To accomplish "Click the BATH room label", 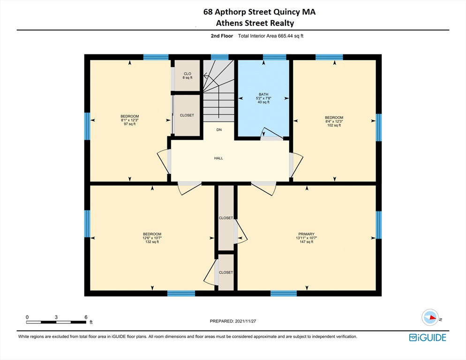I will [x=263, y=94].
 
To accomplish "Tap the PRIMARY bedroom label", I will [x=306, y=234].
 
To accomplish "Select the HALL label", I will [x=218, y=158].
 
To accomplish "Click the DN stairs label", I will [x=219, y=129].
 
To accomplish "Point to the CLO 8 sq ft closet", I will [x=188, y=75].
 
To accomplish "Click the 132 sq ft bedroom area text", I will [x=152, y=242].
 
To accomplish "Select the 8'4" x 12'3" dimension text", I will [x=334, y=121].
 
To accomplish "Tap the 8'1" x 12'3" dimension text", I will [x=129, y=120].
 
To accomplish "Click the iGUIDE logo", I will [x=427, y=337].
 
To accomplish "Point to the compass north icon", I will [x=430, y=317].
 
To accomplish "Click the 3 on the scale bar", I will [x=56, y=317].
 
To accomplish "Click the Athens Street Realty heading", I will [x=256, y=23].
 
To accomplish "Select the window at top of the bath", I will [x=274, y=57].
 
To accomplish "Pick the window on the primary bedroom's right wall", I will [x=378, y=225].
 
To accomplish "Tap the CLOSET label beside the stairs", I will [x=187, y=115].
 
